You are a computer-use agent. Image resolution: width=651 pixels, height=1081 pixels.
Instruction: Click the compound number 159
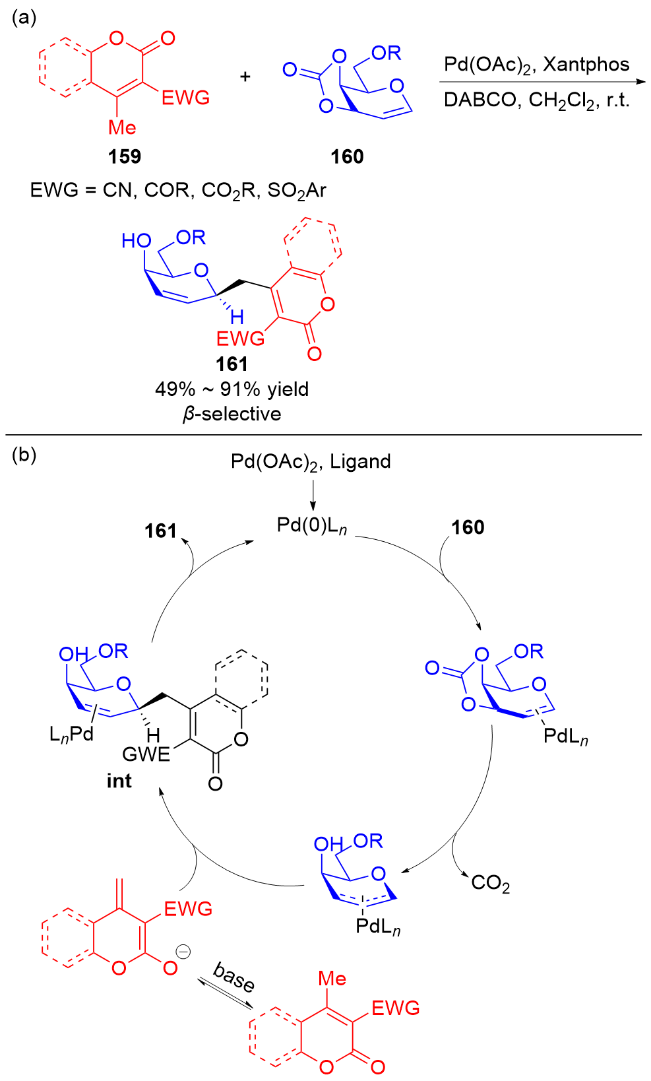click(x=125, y=156)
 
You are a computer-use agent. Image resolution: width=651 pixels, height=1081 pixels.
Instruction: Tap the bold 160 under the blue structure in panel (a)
click(x=347, y=156)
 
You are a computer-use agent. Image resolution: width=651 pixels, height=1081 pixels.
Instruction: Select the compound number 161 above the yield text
click(x=232, y=364)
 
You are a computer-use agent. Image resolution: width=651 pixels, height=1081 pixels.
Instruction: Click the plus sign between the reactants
click(x=245, y=77)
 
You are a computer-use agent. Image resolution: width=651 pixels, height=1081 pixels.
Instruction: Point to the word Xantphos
click(x=586, y=65)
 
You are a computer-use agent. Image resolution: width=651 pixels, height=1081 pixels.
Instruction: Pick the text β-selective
click(x=232, y=414)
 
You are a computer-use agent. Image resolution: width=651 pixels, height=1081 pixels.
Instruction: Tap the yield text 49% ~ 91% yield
click(x=232, y=389)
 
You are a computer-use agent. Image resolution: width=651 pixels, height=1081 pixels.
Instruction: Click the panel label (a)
click(x=24, y=18)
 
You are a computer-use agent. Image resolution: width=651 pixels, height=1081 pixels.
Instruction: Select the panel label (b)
click(x=24, y=455)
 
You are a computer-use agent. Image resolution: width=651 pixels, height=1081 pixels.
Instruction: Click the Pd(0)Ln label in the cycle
click(x=312, y=526)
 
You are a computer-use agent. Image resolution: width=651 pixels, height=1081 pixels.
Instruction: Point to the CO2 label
click(x=490, y=883)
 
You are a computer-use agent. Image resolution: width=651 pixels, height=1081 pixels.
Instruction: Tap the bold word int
click(x=119, y=781)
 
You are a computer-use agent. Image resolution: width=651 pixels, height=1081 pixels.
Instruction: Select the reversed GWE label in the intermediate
click(x=146, y=754)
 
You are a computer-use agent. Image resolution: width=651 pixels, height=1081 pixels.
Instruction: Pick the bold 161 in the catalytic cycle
click(x=161, y=531)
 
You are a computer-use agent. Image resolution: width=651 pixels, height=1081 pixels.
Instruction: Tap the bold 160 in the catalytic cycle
click(x=468, y=527)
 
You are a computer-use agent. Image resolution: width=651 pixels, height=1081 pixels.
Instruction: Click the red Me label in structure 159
click(x=122, y=127)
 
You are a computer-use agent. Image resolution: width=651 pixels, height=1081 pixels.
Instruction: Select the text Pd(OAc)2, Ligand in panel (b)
click(x=311, y=461)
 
